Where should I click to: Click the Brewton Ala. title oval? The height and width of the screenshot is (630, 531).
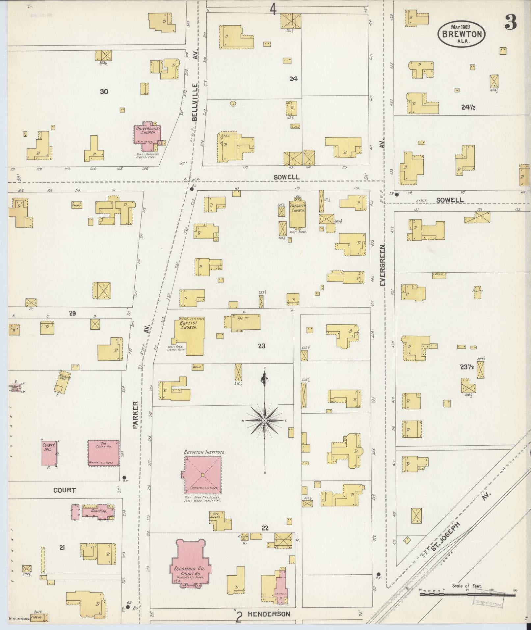click(462, 34)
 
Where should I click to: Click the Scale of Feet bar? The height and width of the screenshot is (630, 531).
click(467, 595)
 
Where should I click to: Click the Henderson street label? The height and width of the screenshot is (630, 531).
click(269, 614)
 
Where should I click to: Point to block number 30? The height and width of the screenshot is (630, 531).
click(104, 92)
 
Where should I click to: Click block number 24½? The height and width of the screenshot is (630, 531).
click(468, 107)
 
